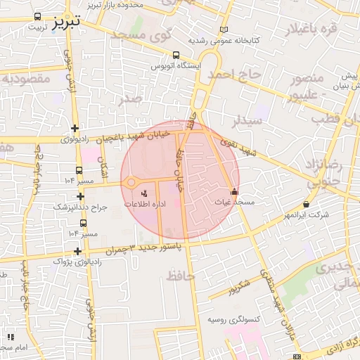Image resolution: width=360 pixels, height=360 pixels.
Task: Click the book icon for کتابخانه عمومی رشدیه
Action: pyautogui.click(x=224, y=30)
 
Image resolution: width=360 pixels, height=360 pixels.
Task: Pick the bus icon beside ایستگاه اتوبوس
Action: pyautogui.click(x=175, y=54)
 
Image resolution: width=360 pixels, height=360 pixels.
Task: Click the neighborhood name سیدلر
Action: pyautogui.click(x=249, y=120)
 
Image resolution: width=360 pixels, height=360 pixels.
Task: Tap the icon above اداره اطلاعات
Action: pyautogui.click(x=145, y=192)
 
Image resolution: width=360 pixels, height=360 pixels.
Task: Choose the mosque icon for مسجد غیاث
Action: pyautogui.click(x=234, y=191)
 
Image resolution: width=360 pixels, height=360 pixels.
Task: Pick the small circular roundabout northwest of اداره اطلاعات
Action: pyautogui.click(x=131, y=184)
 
